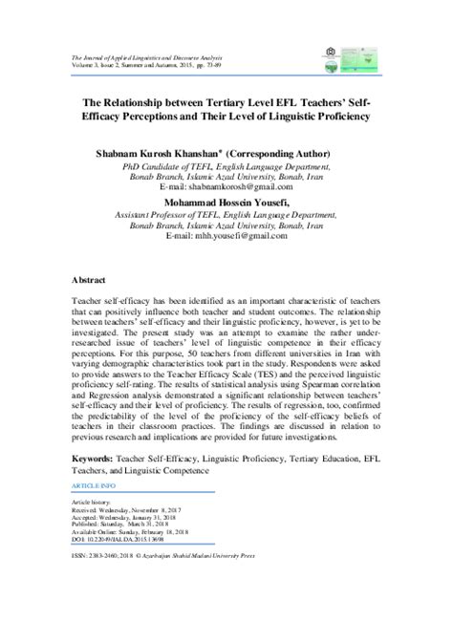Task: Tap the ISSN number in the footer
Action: pyautogui.click(x=104, y=554)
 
